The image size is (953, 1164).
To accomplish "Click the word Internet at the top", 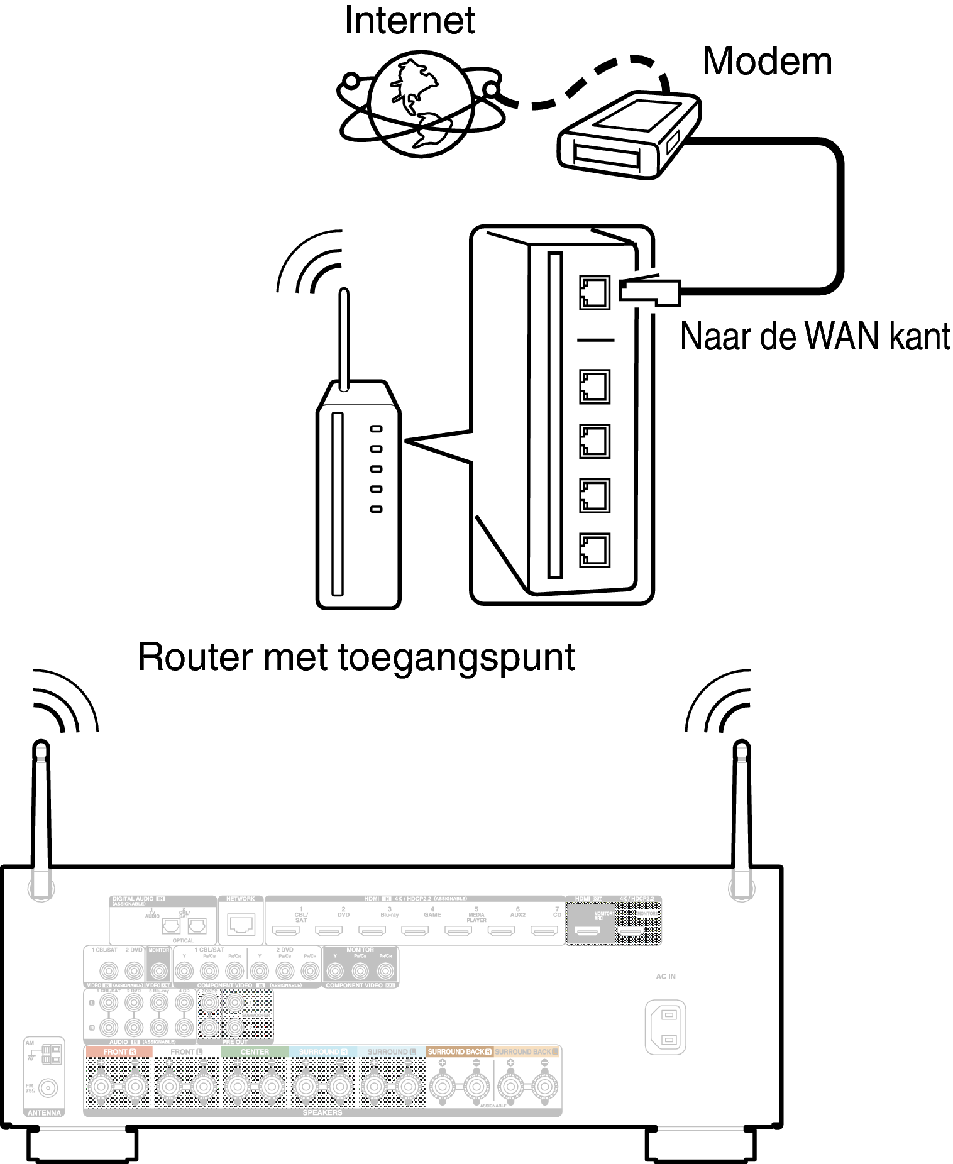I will (409, 21).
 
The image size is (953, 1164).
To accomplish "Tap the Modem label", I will (767, 62).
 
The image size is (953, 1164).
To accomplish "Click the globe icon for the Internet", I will (421, 104).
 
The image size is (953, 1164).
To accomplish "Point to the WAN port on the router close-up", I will (594, 292).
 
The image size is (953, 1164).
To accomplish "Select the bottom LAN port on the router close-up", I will (594, 550).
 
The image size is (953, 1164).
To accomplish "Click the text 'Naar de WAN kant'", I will (815, 337).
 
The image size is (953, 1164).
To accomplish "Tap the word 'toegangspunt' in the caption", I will (456, 657).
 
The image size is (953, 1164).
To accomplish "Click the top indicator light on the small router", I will (376, 429).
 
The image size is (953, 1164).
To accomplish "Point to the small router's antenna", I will (344, 339).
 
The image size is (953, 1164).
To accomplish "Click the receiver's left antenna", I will (41, 817).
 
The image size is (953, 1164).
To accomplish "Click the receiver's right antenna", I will (742, 817).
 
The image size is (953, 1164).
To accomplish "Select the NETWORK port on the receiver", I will (241, 925).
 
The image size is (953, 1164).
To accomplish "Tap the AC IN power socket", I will (665, 1027).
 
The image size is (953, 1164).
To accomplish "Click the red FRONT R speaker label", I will (119, 1051).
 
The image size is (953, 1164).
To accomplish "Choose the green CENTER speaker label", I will (255, 1051).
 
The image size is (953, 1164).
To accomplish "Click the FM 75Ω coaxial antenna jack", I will (48, 1087).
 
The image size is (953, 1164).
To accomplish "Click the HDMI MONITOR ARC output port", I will (588, 930).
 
